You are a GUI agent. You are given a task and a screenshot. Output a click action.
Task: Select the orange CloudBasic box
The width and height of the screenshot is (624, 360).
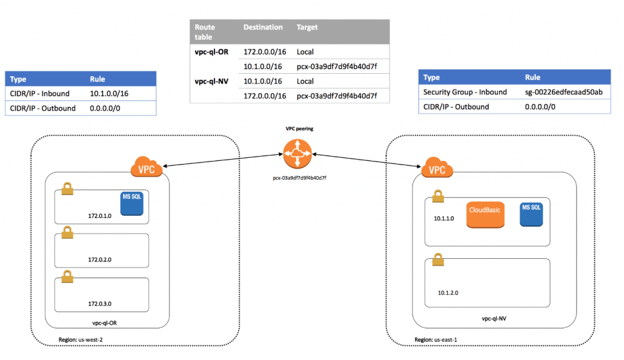(484, 215)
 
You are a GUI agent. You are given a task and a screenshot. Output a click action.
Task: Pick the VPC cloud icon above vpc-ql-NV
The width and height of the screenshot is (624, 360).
(436, 169)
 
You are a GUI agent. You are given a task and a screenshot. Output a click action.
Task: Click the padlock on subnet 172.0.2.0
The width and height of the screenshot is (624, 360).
(68, 233)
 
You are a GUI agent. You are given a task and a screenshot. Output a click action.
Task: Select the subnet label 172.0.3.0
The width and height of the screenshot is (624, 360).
(99, 303)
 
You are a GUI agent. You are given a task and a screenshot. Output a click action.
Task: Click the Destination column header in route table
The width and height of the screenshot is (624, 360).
(263, 27)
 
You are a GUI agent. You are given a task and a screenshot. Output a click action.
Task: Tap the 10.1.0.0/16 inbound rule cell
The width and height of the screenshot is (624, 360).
(110, 94)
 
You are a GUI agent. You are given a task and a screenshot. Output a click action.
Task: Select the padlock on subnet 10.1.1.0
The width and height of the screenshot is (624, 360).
(436, 196)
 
